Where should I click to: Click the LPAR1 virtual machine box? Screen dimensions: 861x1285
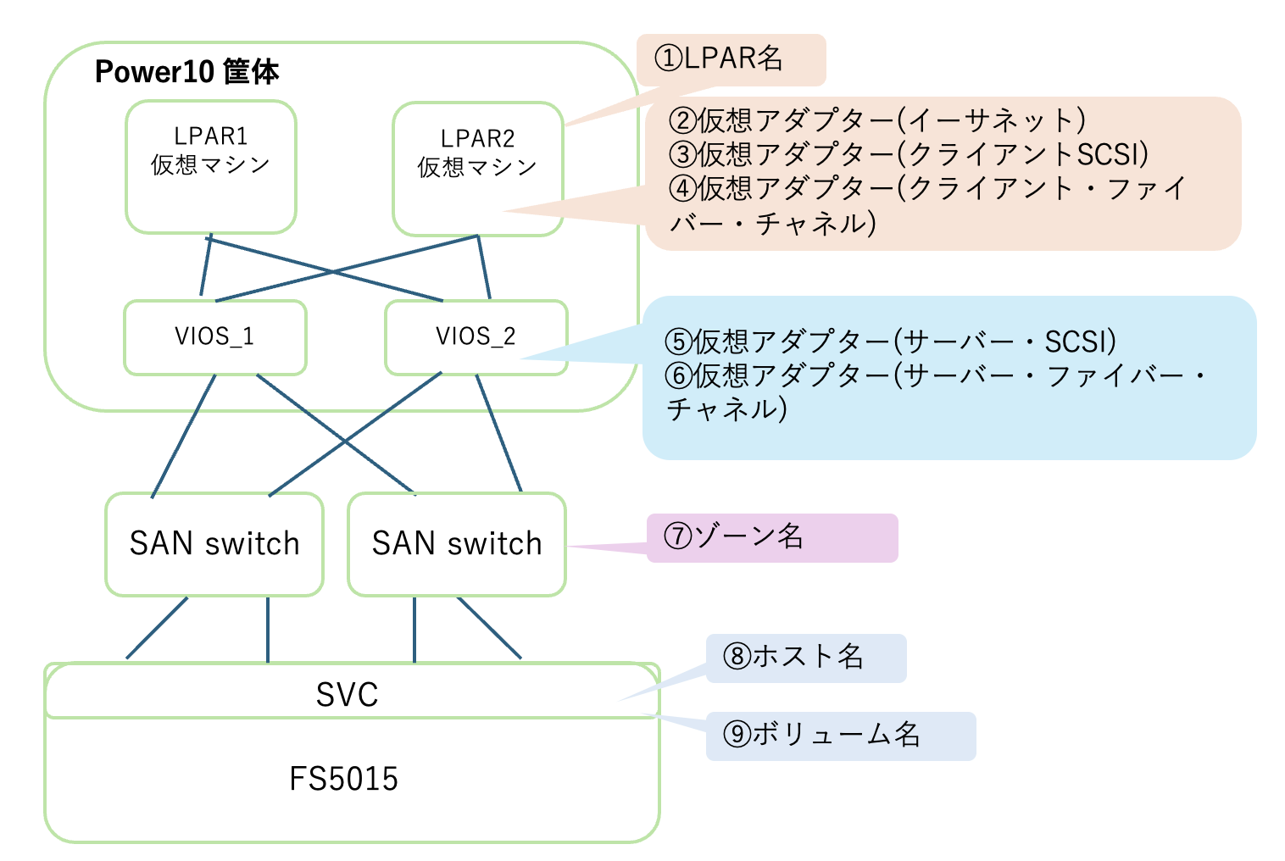210,166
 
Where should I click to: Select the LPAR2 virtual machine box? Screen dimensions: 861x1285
477,169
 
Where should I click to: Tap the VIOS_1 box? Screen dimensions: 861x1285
214,336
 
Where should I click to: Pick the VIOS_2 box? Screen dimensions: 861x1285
476,336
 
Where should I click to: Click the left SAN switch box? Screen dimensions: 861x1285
214,543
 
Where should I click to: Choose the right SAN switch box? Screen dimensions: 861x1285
457,543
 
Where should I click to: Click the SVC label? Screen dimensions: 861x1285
347,695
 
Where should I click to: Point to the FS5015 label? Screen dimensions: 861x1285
343,779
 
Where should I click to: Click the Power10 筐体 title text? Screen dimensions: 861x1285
186,72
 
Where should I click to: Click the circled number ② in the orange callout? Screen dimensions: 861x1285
682,121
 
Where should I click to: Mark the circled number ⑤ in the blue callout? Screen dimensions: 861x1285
679,342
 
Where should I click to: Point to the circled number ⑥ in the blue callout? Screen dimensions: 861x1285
679,375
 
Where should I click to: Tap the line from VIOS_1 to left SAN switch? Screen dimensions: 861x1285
183,436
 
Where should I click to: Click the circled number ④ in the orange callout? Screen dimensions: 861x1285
682,188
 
